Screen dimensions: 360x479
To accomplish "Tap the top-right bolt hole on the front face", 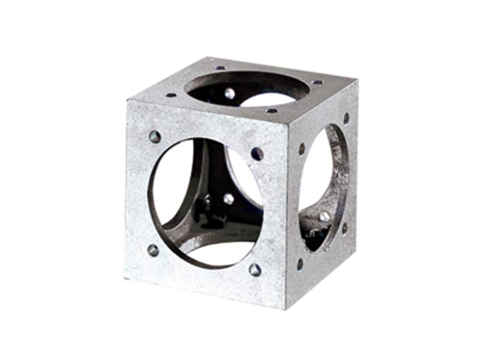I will [x=257, y=154].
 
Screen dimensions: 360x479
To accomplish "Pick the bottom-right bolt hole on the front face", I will [x=255, y=269].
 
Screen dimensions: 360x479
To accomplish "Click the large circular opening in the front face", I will [x=204, y=201].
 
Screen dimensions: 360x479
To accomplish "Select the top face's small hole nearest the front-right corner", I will [x=272, y=110].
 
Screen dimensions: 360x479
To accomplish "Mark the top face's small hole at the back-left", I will [x=220, y=68].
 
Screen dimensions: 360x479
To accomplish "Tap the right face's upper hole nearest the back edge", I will [x=346, y=118].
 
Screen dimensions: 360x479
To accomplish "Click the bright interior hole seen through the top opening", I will [x=229, y=93].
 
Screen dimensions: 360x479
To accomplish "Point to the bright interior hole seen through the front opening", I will [x=229, y=199].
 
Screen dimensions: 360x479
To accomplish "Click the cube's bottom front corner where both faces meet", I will [x=285, y=308].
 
